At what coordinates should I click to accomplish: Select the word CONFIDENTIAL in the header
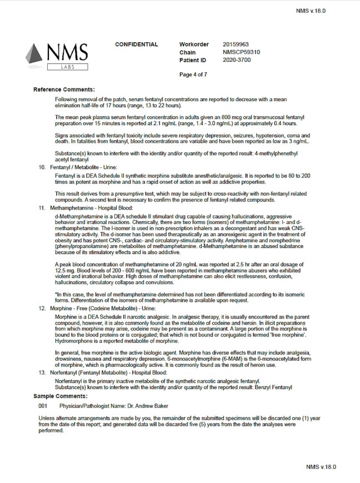pyautogui.click(x=136, y=44)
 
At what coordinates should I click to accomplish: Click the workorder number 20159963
pyautogui.click(x=236, y=44)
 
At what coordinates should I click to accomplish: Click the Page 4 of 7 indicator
pyautogui.click(x=193, y=74)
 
